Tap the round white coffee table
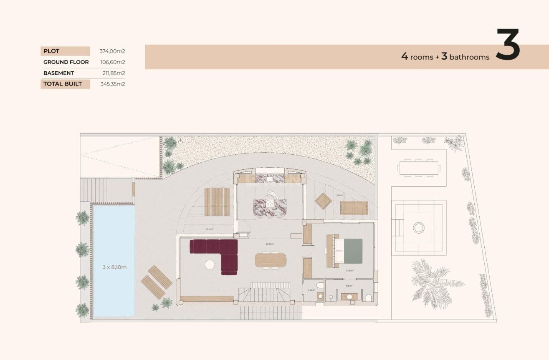pyautogui.click(x=210, y=264)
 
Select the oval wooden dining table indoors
pyautogui.click(x=271, y=259)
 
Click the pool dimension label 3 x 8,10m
pyautogui.click(x=114, y=267)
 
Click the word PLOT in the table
pyautogui.click(x=51, y=51)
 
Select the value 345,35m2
pyautogui.click(x=113, y=84)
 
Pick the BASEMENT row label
pyautogui.click(x=58, y=73)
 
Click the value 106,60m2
pyautogui.click(x=113, y=62)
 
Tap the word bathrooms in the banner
pyautogui.click(x=469, y=58)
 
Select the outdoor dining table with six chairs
pyautogui.click(x=419, y=169)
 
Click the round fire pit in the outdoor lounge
pyautogui.click(x=418, y=227)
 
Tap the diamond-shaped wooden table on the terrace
pyautogui.click(x=323, y=201)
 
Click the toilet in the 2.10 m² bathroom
pyautogui.click(x=319, y=286)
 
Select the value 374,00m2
pyautogui.click(x=113, y=51)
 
